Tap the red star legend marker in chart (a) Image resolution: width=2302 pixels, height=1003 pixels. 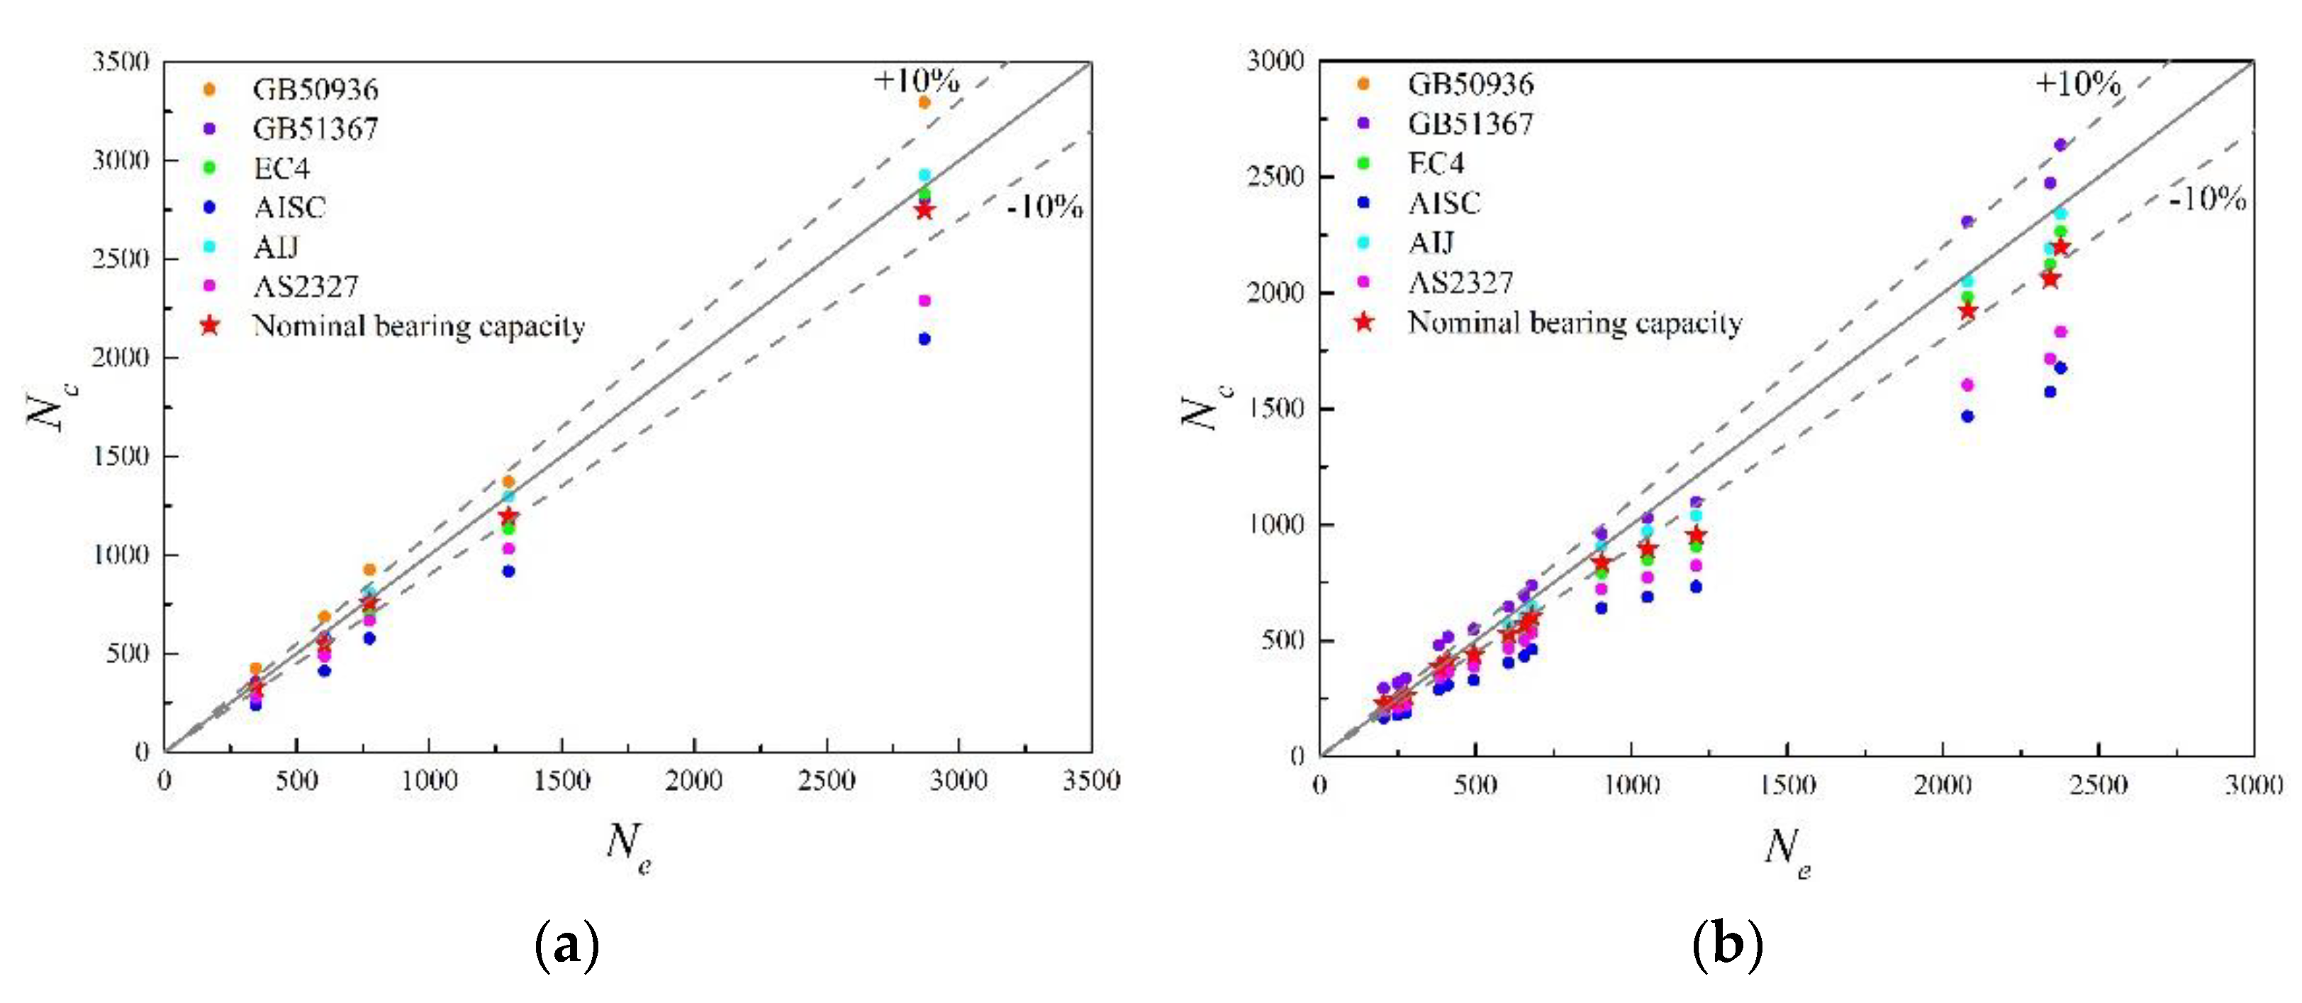209,326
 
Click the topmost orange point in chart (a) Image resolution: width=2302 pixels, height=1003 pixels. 924,103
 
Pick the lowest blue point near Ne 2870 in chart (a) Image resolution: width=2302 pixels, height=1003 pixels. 924,339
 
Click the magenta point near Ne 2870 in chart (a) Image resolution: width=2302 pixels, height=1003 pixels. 924,300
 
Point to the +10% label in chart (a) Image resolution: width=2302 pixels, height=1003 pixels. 916,80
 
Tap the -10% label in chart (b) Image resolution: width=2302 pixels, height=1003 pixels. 2206,199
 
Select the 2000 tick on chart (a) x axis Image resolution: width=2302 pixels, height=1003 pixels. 693,781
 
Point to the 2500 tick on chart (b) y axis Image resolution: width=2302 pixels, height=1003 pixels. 1275,177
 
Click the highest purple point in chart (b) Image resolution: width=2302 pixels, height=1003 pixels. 2061,145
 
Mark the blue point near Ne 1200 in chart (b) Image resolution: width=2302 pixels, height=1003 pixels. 1696,587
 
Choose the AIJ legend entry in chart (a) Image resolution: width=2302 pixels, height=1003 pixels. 275,247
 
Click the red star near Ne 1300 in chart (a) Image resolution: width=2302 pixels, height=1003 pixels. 508,516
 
